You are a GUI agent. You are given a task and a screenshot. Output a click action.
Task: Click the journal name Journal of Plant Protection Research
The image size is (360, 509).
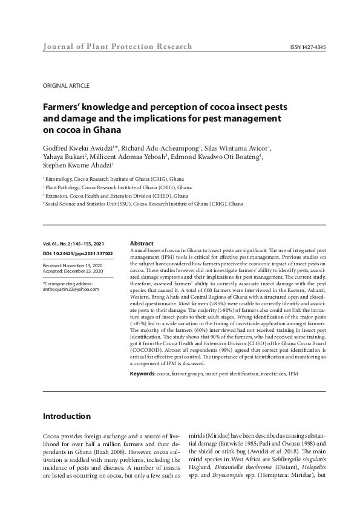coord(117,47)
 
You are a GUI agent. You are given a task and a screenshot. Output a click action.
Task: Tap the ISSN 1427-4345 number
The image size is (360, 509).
coord(308,47)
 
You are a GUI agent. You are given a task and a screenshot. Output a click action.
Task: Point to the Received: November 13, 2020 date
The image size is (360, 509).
coord(73,265)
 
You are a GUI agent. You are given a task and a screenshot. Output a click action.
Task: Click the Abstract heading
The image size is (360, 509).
coord(142,243)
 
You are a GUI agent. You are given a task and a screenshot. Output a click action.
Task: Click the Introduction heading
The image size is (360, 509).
coord(67,417)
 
